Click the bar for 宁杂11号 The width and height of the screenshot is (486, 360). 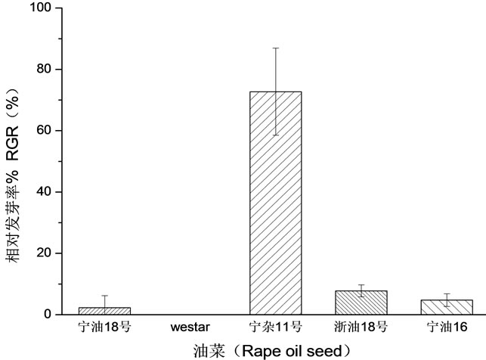click(275, 203)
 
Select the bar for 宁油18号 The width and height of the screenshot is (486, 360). click(104, 310)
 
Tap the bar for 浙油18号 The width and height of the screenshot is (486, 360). click(361, 303)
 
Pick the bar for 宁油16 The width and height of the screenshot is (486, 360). click(447, 306)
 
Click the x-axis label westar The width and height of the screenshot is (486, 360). click(190, 327)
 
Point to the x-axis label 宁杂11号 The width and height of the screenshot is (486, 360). click(275, 327)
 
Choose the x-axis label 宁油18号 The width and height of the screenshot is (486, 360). click(104, 327)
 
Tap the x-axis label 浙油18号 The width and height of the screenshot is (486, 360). click(361, 327)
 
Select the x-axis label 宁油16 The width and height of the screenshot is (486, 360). click(447, 327)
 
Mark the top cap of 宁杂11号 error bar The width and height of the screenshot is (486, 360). click(275, 48)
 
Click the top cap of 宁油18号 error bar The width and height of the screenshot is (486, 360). click(104, 296)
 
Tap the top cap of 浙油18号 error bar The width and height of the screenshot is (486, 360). click(361, 284)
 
